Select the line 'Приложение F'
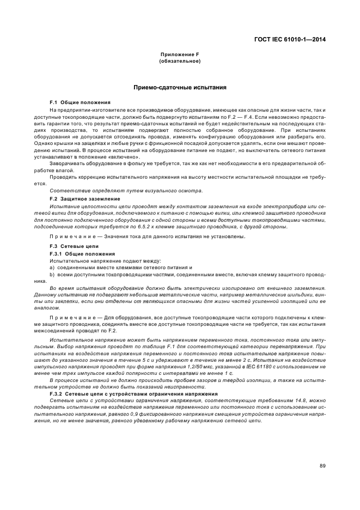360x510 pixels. click(180, 55)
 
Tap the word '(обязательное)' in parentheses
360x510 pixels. click(180, 61)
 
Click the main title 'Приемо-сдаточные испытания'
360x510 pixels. click(180, 87)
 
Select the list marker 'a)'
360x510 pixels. click(52, 268)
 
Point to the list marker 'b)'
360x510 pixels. click(52, 275)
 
